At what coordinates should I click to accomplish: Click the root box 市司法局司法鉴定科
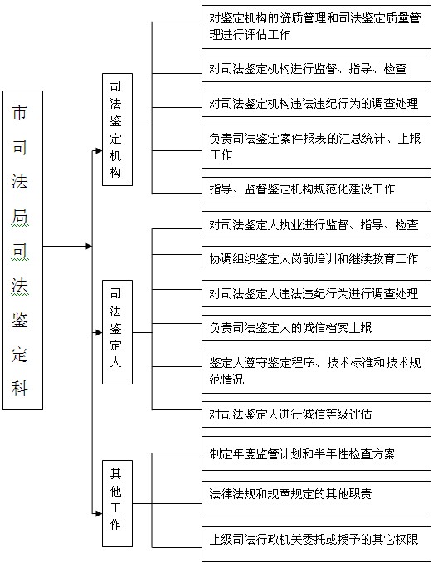(x=22, y=250)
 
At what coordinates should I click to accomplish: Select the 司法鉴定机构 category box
(x=117, y=130)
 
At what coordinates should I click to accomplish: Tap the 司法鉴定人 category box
(x=117, y=332)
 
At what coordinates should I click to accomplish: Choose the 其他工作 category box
(x=117, y=503)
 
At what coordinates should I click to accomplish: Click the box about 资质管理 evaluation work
(x=316, y=27)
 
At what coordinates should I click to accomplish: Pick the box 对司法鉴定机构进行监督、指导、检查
(x=316, y=69)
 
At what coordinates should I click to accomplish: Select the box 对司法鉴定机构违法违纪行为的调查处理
(x=316, y=104)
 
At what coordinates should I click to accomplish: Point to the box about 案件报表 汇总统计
(x=316, y=146)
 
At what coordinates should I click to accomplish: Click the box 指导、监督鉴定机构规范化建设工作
(x=316, y=190)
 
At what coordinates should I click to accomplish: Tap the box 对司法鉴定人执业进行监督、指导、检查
(x=316, y=224)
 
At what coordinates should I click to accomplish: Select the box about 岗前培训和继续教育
(x=316, y=259)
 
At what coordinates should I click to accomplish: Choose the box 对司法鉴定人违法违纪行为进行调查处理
(x=316, y=294)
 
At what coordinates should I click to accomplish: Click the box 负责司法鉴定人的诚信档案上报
(x=316, y=328)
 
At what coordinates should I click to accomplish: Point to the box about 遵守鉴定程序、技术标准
(x=316, y=372)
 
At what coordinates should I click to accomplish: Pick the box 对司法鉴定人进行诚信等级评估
(x=316, y=414)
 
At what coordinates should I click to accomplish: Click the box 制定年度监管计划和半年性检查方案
(x=316, y=453)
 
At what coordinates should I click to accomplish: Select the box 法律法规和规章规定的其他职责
(x=316, y=499)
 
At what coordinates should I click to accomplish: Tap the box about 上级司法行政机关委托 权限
(x=316, y=544)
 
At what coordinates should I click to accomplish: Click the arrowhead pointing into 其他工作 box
(x=99, y=513)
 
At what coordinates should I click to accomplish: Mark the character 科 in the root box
(x=19, y=388)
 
